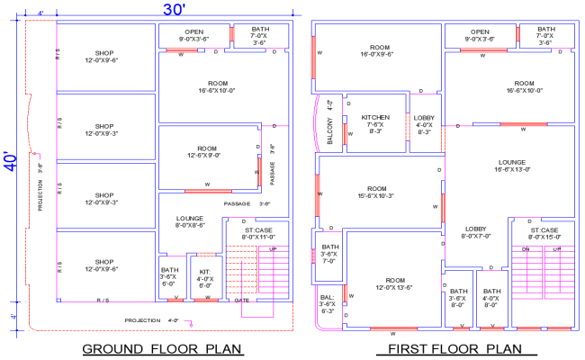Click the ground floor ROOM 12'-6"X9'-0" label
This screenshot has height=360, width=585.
[208, 151]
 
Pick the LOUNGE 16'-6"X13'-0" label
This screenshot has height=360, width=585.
[511, 168]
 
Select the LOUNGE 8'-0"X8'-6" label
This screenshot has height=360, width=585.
[189, 221]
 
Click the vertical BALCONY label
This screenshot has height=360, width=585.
[330, 131]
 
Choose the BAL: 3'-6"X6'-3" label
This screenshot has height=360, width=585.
[327, 303]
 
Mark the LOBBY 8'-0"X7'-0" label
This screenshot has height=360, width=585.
[476, 233]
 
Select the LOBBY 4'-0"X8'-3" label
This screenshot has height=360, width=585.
[424, 124]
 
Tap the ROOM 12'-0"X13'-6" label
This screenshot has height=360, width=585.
[392, 283]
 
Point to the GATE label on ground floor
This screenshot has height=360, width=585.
[241, 301]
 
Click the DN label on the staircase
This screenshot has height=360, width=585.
[525, 248]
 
